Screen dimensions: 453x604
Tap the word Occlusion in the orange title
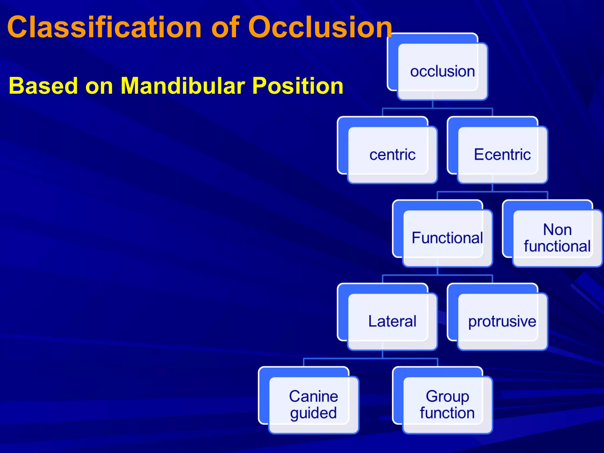point(320,27)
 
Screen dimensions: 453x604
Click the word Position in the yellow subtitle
point(298,86)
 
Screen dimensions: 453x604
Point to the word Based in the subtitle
point(43,86)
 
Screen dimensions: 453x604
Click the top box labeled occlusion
point(442,71)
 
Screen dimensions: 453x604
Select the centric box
point(392,155)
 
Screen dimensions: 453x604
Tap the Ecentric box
point(502,155)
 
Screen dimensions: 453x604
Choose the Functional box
point(447,238)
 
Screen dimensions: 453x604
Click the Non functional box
point(557,238)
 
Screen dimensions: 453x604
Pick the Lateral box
point(392,321)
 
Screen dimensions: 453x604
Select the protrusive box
point(502,321)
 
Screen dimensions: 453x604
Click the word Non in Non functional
point(557,230)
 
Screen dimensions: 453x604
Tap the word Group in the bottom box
point(447,396)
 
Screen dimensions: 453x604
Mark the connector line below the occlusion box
point(432,105)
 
